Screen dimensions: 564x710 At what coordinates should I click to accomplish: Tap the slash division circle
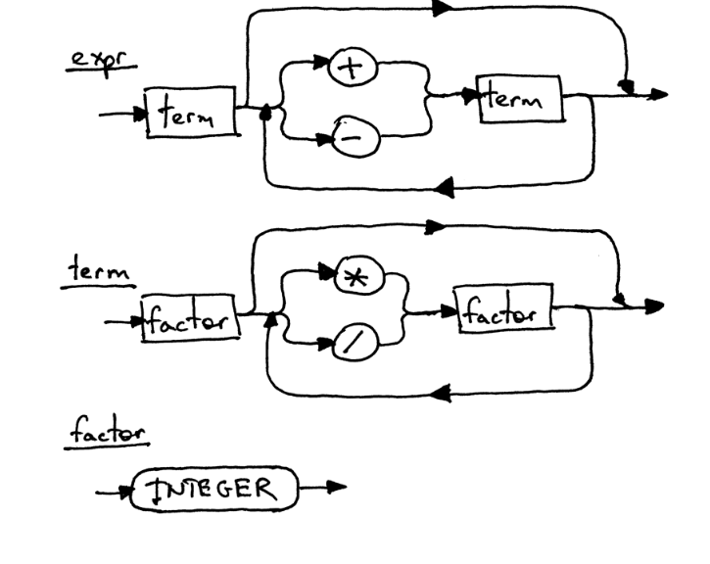tap(349, 343)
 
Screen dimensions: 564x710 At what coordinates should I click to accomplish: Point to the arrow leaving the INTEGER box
tap(334, 487)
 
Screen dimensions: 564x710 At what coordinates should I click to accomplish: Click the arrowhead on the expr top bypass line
tap(443, 8)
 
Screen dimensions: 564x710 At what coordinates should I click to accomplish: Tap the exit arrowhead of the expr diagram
tap(661, 95)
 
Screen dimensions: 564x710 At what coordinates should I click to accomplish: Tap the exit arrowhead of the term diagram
tap(653, 305)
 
